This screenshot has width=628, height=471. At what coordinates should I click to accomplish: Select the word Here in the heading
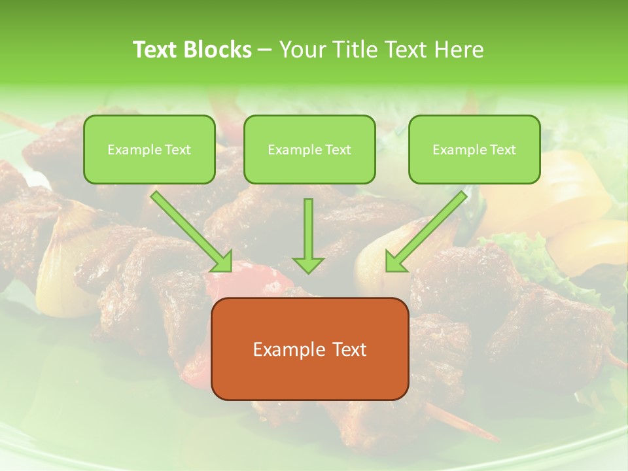click(459, 50)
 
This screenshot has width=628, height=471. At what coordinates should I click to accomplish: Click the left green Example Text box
click(149, 150)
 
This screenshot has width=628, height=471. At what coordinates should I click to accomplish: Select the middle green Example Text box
click(309, 150)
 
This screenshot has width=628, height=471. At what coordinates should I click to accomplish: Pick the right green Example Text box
click(474, 150)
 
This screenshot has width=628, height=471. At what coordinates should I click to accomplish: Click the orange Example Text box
click(309, 349)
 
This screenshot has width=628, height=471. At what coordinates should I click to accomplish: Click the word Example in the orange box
click(284, 349)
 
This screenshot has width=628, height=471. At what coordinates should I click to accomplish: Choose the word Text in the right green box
click(502, 150)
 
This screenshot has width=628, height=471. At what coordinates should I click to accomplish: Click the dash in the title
click(264, 50)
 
